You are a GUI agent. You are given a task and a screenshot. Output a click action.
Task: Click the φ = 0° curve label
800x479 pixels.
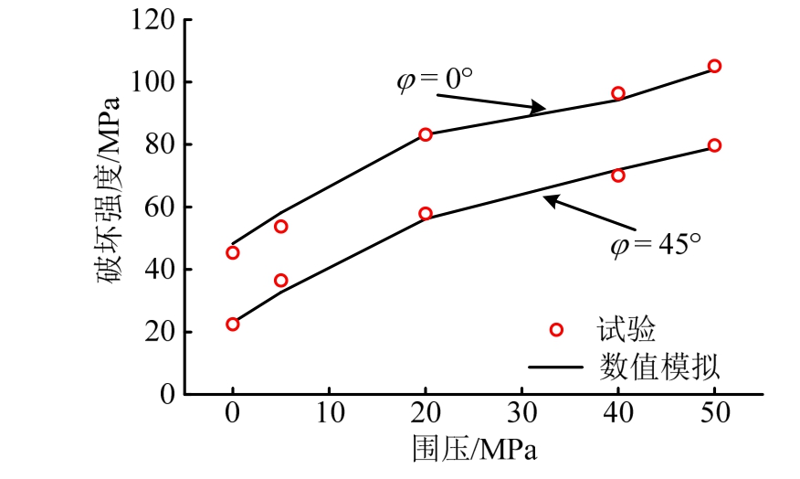(x=435, y=80)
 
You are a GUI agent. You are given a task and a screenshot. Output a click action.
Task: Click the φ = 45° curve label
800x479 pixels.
(x=656, y=244)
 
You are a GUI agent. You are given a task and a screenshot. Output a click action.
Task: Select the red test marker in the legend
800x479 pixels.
(x=555, y=329)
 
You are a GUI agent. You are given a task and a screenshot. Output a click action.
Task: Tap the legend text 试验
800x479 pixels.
(x=628, y=329)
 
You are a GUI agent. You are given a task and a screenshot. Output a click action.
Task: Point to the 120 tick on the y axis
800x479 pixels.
(x=156, y=19)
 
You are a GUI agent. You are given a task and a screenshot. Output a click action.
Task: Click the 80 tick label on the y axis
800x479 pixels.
(x=163, y=144)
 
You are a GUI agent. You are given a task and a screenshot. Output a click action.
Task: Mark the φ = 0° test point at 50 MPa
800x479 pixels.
(x=714, y=66)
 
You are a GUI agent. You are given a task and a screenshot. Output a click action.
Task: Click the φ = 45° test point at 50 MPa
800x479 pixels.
(x=714, y=145)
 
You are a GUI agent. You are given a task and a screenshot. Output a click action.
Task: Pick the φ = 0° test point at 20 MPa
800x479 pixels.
(x=425, y=134)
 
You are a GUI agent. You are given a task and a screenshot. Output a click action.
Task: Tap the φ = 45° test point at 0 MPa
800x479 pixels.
(x=233, y=324)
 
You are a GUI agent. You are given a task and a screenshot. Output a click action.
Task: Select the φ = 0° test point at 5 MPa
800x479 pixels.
(x=280, y=226)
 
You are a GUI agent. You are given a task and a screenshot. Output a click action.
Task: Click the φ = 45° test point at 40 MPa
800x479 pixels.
(x=618, y=176)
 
